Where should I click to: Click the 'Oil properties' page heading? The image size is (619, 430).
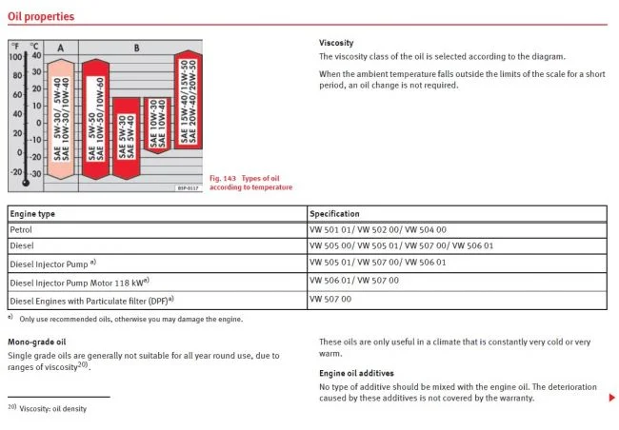click(41, 16)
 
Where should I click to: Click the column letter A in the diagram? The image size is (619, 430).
click(60, 47)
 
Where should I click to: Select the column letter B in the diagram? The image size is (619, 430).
click(137, 47)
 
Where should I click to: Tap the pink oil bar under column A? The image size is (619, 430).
click(60, 119)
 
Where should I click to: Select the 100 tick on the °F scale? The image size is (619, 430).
click(15, 57)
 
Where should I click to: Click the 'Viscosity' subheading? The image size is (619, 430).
click(336, 43)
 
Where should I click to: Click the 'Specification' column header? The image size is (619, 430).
click(335, 213)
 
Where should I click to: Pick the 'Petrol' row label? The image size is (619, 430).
click(21, 230)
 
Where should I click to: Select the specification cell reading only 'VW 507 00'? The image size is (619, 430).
click(330, 299)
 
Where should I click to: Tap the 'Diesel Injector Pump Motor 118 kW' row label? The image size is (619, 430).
click(80, 282)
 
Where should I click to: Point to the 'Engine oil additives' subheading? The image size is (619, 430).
click(355, 373)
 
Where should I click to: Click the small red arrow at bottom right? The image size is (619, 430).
click(611, 398)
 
